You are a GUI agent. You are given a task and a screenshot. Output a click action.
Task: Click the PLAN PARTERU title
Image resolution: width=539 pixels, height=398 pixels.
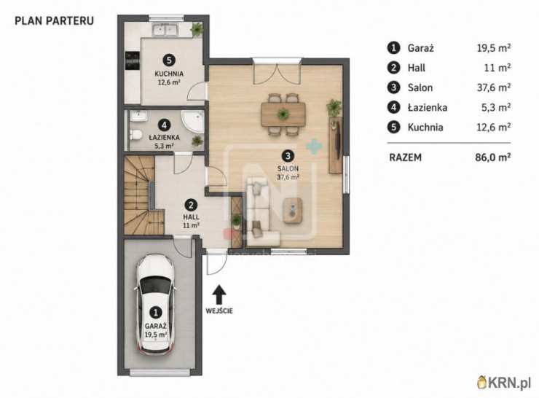click(55, 20)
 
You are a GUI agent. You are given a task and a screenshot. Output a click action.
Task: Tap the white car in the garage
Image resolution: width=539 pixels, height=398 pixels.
click(156, 305)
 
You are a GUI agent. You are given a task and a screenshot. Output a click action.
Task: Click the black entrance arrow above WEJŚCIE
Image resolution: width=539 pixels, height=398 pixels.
click(219, 294)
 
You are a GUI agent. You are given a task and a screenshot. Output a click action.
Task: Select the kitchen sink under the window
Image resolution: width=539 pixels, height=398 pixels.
click(165, 30)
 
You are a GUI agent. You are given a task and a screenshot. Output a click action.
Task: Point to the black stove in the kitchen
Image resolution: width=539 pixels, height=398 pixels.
click(133, 61)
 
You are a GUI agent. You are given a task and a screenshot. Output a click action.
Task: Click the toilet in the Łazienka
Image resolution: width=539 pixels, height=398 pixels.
click(135, 135)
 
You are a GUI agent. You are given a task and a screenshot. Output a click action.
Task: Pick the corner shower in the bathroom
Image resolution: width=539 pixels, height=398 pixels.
click(193, 122)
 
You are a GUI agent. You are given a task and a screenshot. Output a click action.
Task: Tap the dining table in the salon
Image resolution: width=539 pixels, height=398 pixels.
click(283, 114)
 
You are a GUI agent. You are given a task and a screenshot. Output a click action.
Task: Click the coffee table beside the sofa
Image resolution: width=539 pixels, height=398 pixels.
click(293, 211)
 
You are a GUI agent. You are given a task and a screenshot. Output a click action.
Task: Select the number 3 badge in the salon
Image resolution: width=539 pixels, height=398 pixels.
click(288, 156)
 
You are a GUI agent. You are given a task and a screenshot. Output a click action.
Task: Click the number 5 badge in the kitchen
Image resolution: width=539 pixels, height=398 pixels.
click(169, 61)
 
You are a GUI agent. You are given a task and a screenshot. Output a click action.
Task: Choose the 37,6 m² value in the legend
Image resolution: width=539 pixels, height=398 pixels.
click(493, 87)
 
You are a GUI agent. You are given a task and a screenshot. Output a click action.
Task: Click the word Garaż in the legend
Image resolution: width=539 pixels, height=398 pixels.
click(421, 48)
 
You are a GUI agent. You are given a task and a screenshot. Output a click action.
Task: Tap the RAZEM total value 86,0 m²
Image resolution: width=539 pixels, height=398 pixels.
click(492, 157)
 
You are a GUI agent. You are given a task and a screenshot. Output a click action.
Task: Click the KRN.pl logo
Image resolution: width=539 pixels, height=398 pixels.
click(504, 383)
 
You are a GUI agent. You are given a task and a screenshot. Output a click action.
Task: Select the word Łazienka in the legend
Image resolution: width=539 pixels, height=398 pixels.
click(428, 108)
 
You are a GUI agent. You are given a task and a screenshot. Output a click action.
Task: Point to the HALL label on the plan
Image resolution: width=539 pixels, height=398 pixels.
click(191, 217)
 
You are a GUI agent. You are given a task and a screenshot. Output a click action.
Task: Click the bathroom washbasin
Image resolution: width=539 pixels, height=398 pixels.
click(138, 116)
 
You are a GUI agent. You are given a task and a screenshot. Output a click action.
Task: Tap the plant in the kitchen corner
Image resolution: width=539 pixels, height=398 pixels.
click(197, 29)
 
